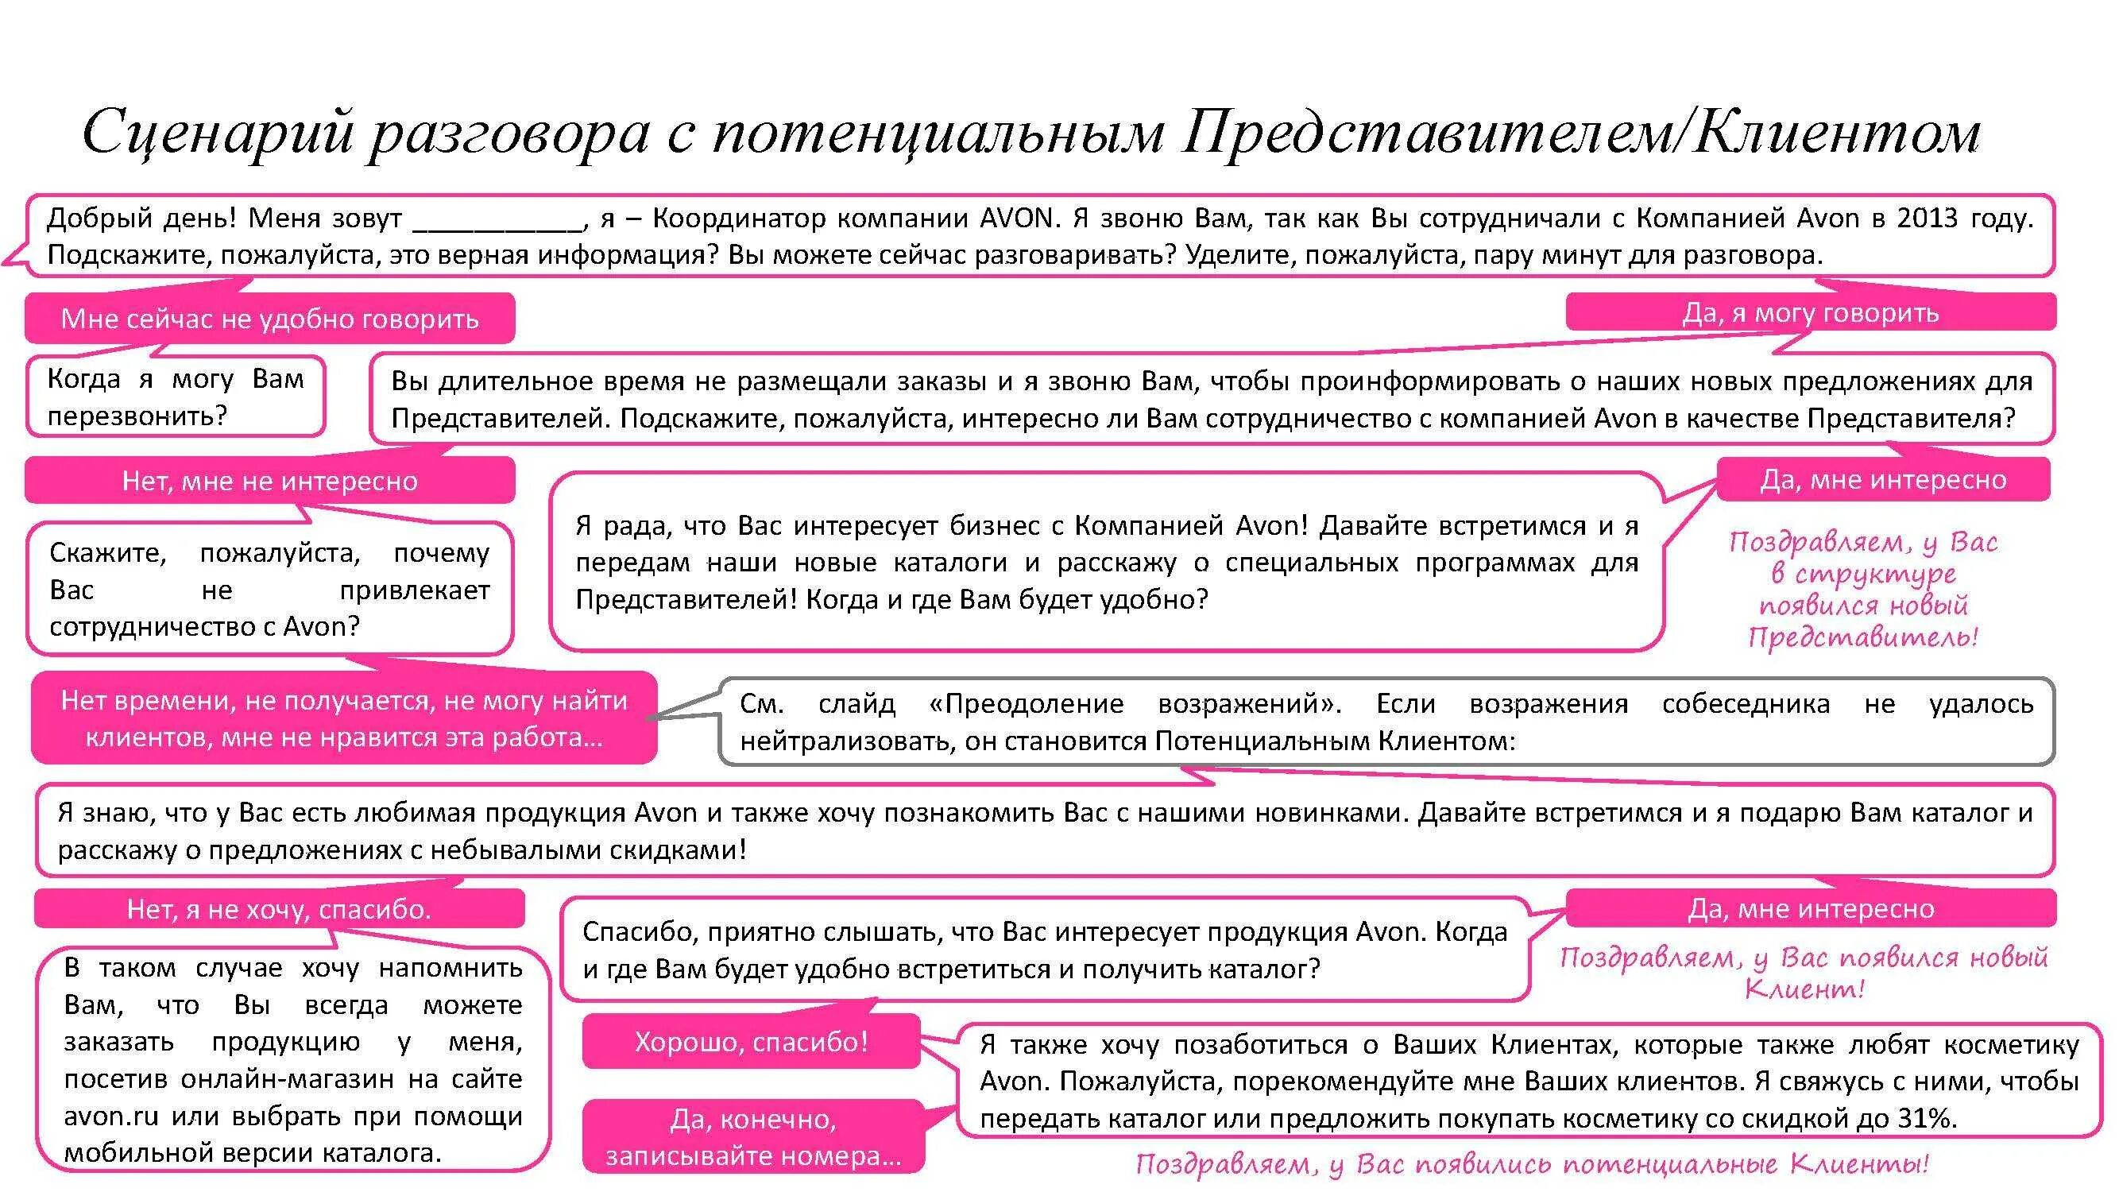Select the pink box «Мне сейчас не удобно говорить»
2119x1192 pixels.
pyautogui.click(x=270, y=319)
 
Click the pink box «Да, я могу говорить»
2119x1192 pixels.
pyautogui.click(x=1810, y=312)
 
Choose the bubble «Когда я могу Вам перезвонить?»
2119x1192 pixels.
pyautogui.click(x=176, y=397)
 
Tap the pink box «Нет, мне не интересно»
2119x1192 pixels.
pyautogui.click(x=270, y=481)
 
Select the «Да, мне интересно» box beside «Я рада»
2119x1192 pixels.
pyautogui.click(x=1883, y=480)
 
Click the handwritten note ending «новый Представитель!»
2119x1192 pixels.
pyautogui.click(x=1862, y=589)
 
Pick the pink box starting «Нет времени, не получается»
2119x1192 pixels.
pyautogui.click(x=344, y=718)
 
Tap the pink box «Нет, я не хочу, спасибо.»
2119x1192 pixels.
pyautogui.click(x=279, y=909)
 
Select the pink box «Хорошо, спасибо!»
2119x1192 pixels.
pyautogui.click(x=751, y=1042)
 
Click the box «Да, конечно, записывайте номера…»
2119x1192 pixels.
pyautogui.click(x=753, y=1137)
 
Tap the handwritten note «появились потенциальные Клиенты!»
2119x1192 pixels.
pyautogui.click(x=1532, y=1164)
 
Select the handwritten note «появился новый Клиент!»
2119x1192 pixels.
pyautogui.click(x=1803, y=973)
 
